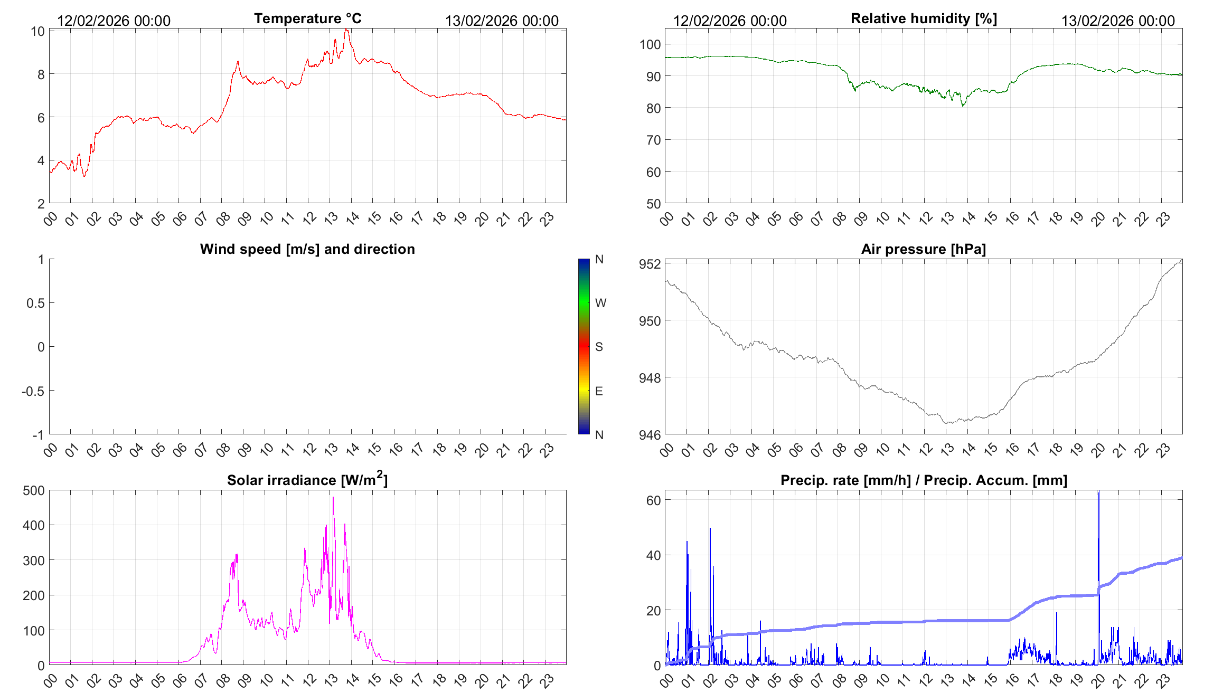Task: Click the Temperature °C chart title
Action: tap(307, 18)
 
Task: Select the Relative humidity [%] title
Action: tap(924, 18)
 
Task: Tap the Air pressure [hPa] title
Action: tap(923, 249)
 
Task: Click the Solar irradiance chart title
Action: tap(307, 480)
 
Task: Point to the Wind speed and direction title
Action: tap(307, 249)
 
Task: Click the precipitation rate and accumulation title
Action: tap(924, 480)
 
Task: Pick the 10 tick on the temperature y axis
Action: tap(37, 32)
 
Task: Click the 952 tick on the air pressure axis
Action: tap(650, 264)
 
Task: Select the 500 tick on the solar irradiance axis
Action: tap(34, 490)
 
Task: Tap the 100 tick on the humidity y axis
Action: tap(650, 44)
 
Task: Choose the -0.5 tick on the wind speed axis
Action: tap(33, 391)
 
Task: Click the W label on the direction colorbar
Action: tap(600, 303)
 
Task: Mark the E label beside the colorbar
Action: tap(599, 391)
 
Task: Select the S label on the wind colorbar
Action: tap(599, 347)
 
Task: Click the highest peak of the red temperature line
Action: tap(346, 30)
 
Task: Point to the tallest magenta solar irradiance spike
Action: tap(333, 498)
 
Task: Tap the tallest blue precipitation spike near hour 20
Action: tap(1098, 493)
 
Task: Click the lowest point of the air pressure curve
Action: tap(947, 423)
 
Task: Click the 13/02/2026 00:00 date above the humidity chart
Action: tap(1118, 21)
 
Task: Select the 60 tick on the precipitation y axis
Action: tap(653, 500)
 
